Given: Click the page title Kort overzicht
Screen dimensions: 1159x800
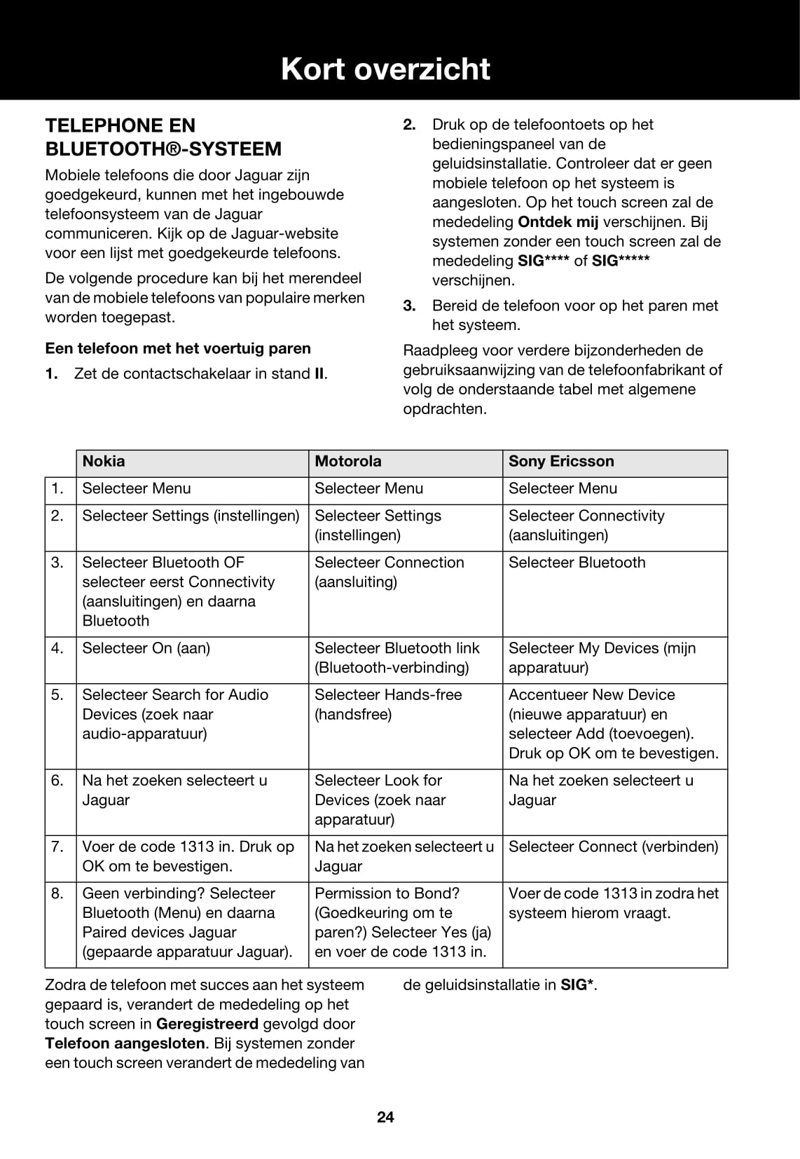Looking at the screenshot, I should coord(385,69).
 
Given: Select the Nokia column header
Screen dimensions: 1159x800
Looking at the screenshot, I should coord(104,461).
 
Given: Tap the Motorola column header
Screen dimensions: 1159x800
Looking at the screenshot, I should coord(348,461).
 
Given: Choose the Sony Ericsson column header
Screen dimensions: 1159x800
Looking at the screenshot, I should coord(561,461).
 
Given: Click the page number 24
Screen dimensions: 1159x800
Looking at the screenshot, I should coord(385,1117).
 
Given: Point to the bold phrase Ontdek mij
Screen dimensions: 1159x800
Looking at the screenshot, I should coord(558,222).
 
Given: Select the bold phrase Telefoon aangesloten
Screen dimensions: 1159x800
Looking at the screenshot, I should coord(125,1043).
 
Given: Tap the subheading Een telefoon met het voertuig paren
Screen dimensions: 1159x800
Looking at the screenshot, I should coord(178,348).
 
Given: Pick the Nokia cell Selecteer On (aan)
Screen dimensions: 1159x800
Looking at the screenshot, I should coord(146,648).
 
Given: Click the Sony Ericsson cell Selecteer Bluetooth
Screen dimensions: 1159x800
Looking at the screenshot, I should coord(577,563).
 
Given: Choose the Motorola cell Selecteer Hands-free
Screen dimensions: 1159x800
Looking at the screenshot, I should coord(388,704).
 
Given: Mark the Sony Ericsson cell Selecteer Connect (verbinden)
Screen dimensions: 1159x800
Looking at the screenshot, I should coord(614,846).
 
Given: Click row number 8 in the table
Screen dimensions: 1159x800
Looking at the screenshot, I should coord(57,893).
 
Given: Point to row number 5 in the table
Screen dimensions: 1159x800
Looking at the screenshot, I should coord(57,695).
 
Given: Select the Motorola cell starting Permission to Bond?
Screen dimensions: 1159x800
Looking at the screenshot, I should coord(403,922).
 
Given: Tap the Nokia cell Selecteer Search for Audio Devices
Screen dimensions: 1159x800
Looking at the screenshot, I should coord(175,714).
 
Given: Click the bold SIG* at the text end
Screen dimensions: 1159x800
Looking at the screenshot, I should coord(577,985).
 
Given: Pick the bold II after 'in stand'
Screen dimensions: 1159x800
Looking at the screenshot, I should coord(319,374).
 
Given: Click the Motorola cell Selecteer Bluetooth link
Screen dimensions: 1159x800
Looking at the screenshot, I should coord(397,658).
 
